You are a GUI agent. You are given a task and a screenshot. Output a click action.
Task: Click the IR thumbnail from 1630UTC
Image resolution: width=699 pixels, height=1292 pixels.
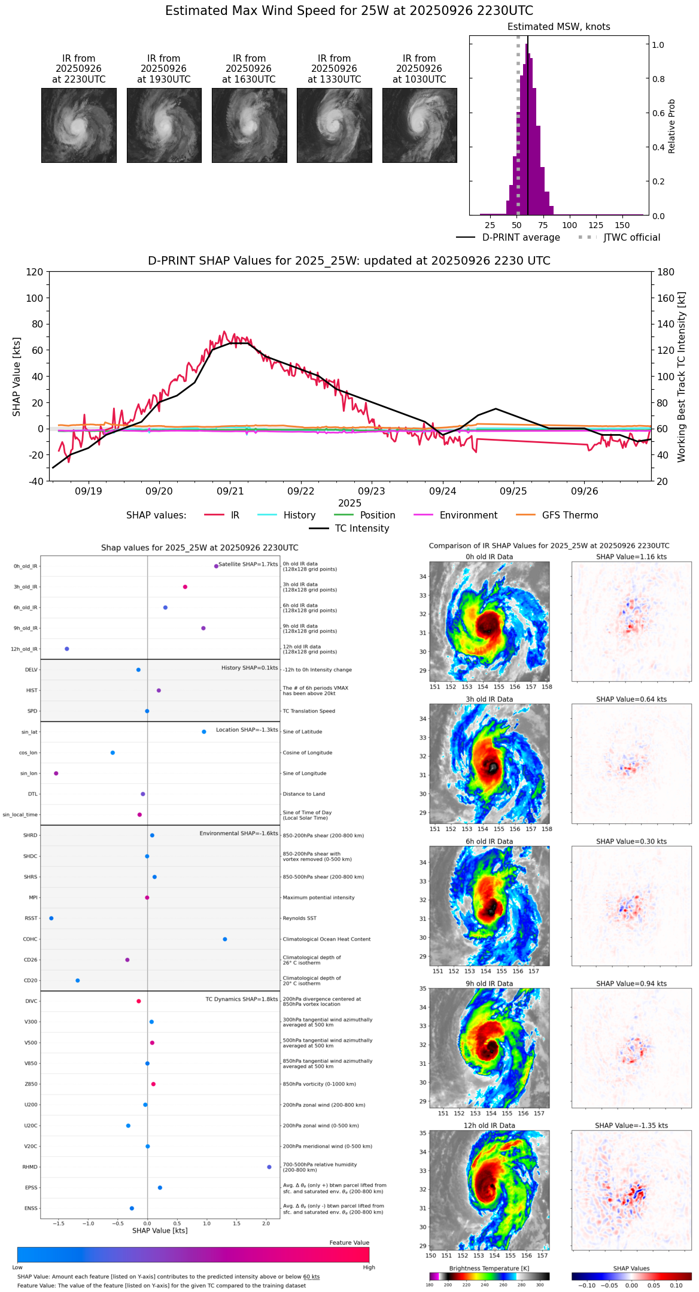point(249,125)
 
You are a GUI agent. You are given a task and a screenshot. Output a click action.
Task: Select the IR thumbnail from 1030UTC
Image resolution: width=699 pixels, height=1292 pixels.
point(420,125)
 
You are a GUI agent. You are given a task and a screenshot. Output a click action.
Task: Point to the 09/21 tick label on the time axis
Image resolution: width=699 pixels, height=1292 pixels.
point(230,492)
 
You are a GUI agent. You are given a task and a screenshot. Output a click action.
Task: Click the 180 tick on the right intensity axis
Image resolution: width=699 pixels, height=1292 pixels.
point(667,272)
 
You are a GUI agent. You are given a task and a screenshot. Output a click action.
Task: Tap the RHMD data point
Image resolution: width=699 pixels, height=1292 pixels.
point(269,1167)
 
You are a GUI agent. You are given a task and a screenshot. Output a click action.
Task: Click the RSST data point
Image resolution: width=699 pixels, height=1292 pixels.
point(51,918)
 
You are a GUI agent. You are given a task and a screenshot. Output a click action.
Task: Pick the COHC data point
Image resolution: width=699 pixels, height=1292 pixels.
point(225,939)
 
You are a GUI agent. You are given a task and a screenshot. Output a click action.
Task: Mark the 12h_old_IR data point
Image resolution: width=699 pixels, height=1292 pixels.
point(67,649)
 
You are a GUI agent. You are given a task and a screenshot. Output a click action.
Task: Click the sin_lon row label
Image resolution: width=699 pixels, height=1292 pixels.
point(29,774)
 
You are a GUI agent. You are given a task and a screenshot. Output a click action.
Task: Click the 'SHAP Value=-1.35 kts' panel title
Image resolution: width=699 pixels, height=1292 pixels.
point(631,1126)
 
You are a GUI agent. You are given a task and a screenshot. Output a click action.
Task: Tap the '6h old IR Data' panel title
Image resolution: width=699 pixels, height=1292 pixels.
point(489,841)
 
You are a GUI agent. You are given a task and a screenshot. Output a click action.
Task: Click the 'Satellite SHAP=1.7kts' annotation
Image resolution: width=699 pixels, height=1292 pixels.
point(248,564)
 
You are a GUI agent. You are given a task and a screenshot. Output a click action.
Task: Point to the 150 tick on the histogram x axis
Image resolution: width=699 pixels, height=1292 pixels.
point(622,225)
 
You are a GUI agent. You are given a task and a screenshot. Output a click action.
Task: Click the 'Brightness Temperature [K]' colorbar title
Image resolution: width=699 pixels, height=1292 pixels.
point(489,1268)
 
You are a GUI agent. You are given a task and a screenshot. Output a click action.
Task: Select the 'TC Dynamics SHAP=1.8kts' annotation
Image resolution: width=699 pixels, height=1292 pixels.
point(241,999)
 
